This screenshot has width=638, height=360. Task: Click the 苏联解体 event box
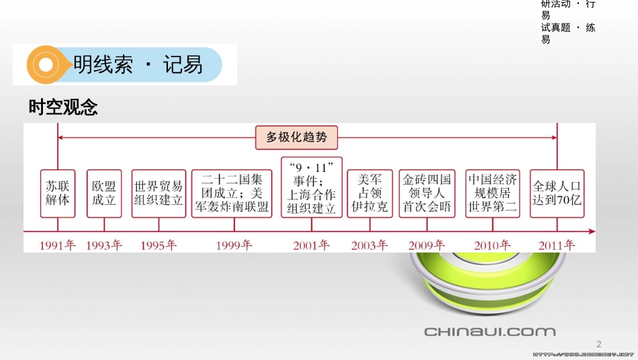point(58,193)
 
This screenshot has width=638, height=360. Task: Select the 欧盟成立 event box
point(104,193)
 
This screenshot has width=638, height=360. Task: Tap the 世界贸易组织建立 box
point(158,193)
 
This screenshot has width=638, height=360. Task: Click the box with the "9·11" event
point(312,187)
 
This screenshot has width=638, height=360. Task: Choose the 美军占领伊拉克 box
point(369,193)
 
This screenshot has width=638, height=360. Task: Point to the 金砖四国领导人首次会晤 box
point(427,193)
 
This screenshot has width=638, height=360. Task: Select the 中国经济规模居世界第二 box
point(493,193)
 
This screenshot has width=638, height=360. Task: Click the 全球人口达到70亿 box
point(556,193)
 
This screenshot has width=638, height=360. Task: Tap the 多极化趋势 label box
point(297,137)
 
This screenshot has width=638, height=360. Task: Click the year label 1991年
point(58,245)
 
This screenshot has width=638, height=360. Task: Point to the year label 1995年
point(158,245)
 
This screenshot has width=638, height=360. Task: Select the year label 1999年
point(234,245)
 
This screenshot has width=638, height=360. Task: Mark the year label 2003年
point(369,245)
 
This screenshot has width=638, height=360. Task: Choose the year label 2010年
point(492,245)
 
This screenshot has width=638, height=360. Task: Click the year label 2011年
point(557,245)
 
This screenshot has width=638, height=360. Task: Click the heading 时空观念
point(63,107)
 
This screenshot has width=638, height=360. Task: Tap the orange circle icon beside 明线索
point(46,65)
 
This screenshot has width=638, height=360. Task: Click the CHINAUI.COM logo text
point(490,331)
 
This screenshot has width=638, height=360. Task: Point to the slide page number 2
point(599,343)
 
